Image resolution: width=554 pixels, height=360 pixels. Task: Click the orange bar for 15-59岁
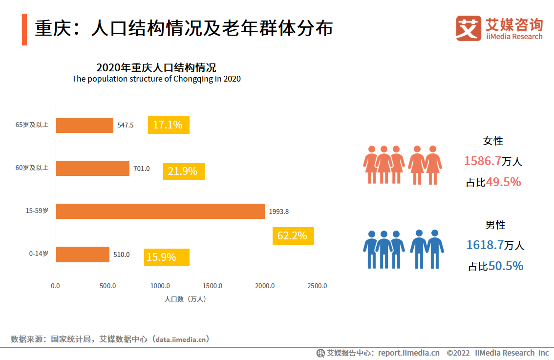pos(160,211)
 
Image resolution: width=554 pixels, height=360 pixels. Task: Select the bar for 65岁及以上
pos(85,125)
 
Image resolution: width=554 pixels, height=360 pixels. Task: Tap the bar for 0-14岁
pos(83,254)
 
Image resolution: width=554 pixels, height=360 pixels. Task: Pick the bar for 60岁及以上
pos(93,168)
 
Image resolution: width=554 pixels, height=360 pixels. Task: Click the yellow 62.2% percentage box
pos(293,236)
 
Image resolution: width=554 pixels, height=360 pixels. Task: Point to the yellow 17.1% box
pos(169,125)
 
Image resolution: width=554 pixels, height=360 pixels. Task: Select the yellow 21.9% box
pos(183,171)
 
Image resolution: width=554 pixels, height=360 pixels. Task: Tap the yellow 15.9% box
pos(167,257)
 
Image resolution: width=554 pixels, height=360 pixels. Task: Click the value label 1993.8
pos(279,212)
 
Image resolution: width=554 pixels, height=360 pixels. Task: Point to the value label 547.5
pos(126,125)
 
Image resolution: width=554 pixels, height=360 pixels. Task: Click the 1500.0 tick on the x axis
pos(213,286)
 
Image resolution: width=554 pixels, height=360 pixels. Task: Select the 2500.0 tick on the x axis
pos(317,286)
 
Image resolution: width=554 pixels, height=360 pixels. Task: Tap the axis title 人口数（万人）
pos(185,299)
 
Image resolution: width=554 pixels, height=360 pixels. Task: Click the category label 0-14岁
pos(39,254)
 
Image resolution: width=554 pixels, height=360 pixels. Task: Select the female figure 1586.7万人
pos(492,161)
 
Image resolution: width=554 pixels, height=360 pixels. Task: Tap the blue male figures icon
pos(403,249)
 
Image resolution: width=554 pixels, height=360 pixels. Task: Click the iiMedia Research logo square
pos(469,28)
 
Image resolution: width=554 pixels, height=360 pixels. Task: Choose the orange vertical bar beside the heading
pos(24,29)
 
